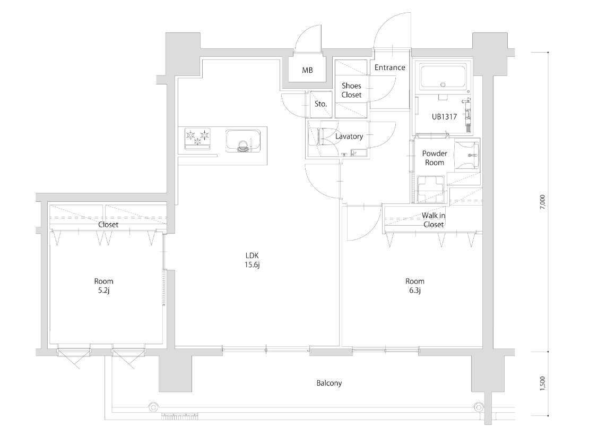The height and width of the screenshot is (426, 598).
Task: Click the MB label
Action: click(x=307, y=70)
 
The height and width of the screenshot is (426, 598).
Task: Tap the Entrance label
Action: click(x=390, y=67)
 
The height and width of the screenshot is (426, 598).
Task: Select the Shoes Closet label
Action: click(x=351, y=90)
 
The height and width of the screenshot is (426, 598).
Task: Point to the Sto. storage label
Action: click(x=320, y=104)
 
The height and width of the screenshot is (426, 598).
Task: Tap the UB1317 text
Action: click(x=444, y=117)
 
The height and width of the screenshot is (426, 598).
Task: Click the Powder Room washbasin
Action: click(x=467, y=155)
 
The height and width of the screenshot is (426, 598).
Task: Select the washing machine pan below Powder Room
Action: click(x=431, y=189)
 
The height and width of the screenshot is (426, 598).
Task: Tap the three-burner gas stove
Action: click(x=197, y=139)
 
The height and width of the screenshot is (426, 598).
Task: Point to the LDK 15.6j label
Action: click(x=252, y=260)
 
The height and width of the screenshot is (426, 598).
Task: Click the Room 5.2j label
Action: click(x=104, y=286)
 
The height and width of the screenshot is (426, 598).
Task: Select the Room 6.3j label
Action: click(x=414, y=286)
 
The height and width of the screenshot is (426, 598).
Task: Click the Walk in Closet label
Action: click(x=434, y=220)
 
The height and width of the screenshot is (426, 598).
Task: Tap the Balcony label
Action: click(x=329, y=384)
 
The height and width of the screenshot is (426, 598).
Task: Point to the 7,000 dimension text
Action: click(x=543, y=202)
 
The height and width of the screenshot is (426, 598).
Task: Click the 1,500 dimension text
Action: click(x=543, y=384)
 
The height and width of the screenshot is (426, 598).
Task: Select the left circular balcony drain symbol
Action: click(x=153, y=406)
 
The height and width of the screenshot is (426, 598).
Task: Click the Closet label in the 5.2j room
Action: click(x=108, y=225)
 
